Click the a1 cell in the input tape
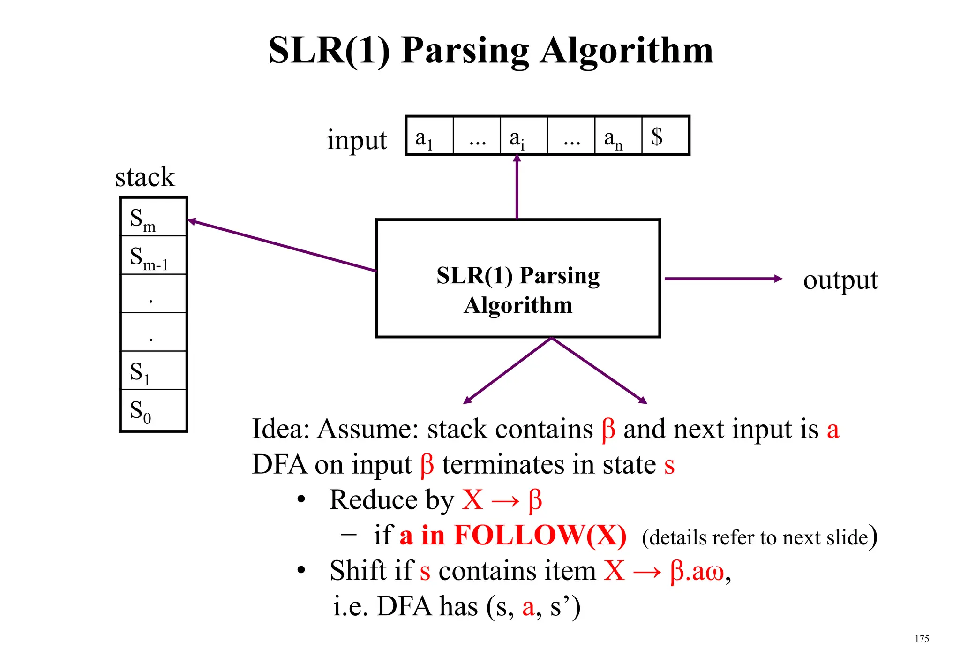tap(429, 136)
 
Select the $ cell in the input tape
tap(665, 136)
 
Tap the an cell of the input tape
tap(618, 136)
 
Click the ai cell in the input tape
tap(524, 136)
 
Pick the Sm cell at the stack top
tap(153, 217)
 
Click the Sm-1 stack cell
tap(153, 256)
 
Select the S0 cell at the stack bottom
tap(153, 410)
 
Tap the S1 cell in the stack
tap(153, 370)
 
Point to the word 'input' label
tap(357, 140)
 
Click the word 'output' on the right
tap(840, 280)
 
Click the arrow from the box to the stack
tap(281, 245)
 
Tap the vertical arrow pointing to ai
tap(517, 188)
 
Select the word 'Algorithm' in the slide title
tap(626, 51)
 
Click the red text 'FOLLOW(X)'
tap(540, 535)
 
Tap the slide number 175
tap(922, 639)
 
